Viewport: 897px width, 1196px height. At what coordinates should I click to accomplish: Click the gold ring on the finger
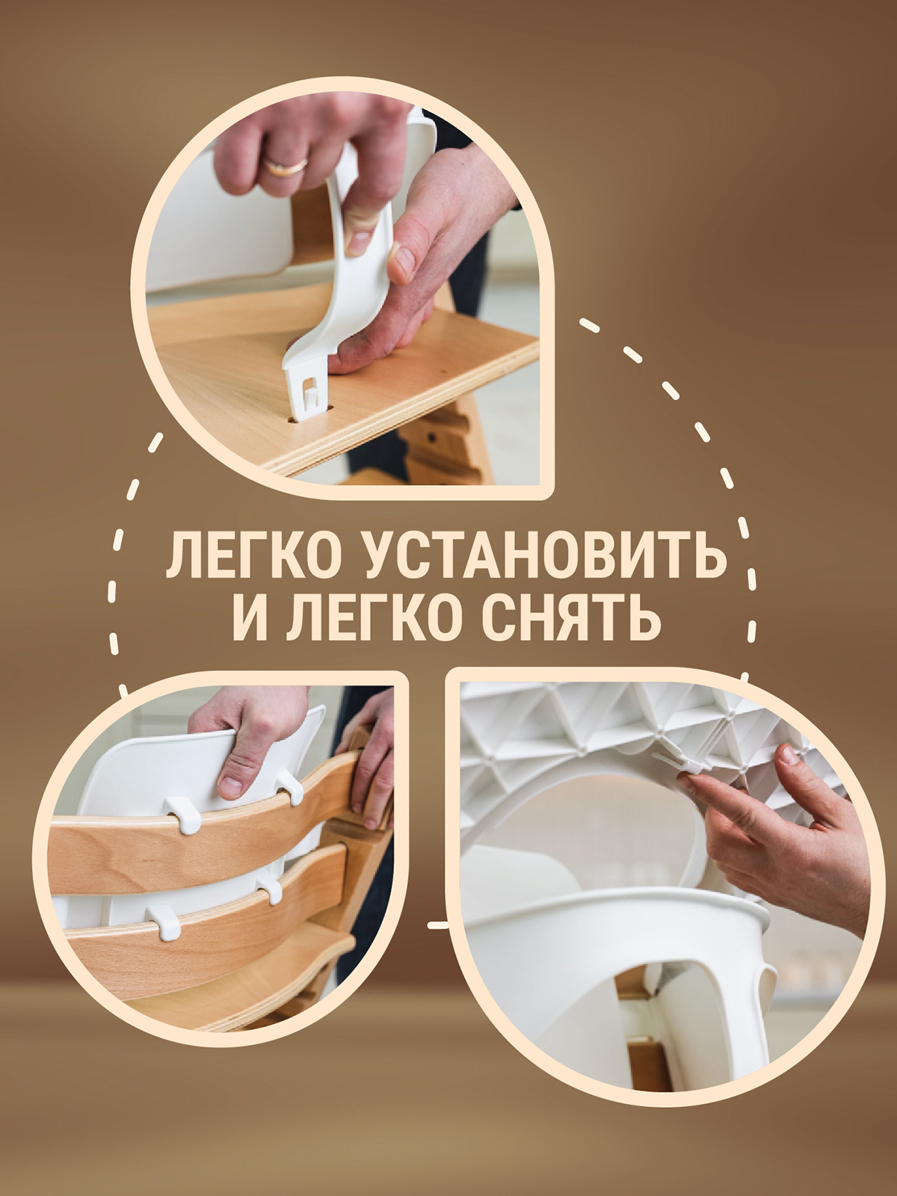pos(286,166)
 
